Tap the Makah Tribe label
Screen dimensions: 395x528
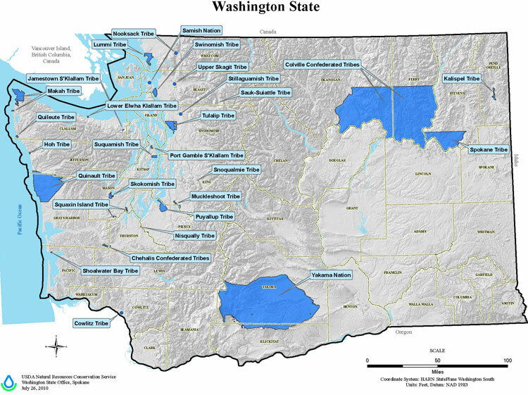click(x=63, y=92)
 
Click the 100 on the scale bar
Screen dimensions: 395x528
click(x=507, y=360)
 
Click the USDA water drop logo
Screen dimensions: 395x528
click(x=8, y=381)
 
